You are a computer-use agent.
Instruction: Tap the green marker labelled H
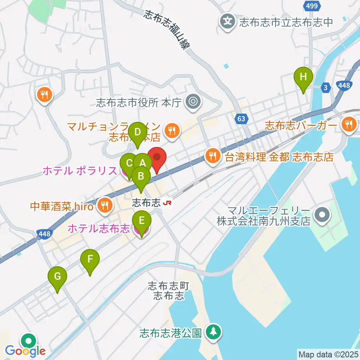click(x=304, y=78)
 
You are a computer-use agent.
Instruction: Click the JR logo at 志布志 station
click(x=167, y=203)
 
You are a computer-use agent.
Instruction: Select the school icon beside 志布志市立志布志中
click(x=227, y=20)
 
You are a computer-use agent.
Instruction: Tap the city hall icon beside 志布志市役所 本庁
click(x=193, y=101)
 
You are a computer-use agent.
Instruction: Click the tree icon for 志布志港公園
click(x=214, y=332)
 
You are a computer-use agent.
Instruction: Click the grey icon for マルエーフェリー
click(x=321, y=215)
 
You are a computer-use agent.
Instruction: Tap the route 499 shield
click(x=311, y=6)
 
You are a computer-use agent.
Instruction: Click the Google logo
click(x=25, y=351)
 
